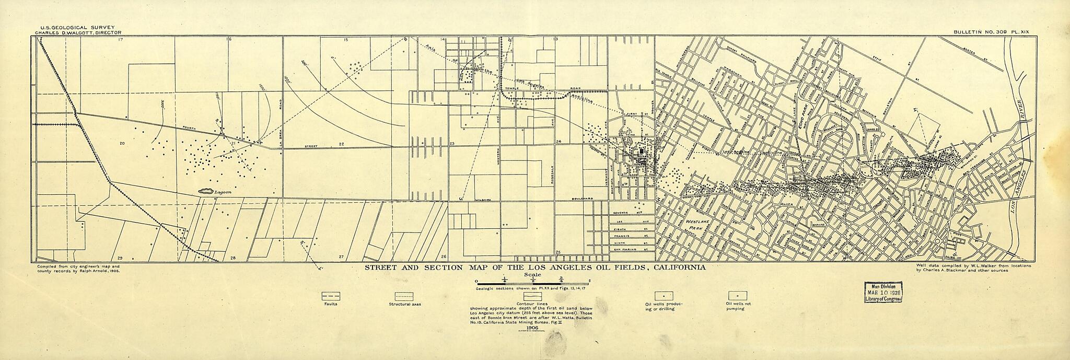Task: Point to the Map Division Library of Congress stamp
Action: pos(884,296)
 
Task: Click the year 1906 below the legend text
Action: pos(531,327)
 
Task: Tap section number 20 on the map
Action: pos(122,143)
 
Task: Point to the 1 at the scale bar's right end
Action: pos(588,281)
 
